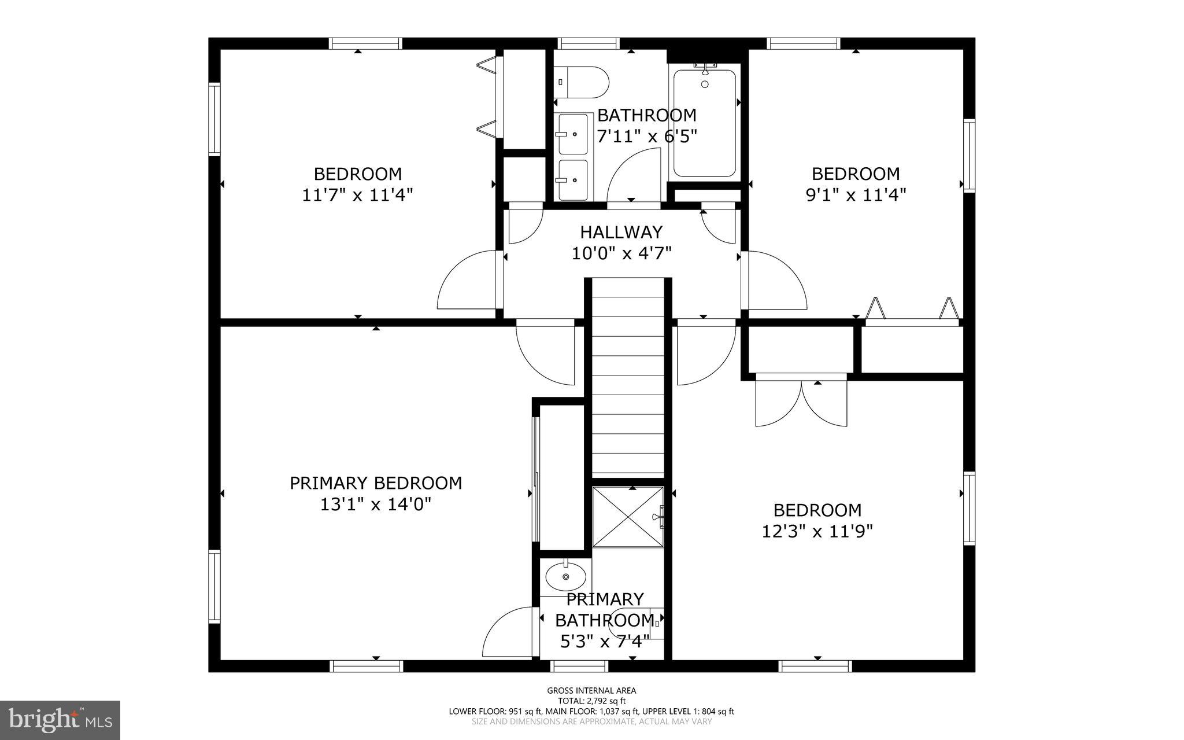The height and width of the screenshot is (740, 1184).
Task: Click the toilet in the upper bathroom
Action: tap(582, 82)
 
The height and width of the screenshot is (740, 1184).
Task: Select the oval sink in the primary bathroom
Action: tap(565, 577)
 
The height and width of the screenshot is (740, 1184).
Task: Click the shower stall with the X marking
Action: tap(628, 517)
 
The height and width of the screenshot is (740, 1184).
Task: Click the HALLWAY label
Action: tap(621, 232)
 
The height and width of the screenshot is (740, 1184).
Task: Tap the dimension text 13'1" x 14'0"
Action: tap(376, 505)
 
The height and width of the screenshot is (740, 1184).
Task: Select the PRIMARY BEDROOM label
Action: tap(376, 483)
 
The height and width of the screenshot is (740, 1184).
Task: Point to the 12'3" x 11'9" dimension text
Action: tap(817, 531)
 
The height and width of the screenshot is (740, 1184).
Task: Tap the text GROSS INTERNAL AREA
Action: tap(591, 690)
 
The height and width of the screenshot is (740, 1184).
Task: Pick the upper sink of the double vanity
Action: tap(572, 134)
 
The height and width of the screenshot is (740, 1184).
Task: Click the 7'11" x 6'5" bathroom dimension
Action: tap(646, 137)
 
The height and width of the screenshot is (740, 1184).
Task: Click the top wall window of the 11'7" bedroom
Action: tap(365, 43)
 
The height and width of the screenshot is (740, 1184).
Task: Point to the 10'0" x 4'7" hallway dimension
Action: tap(621, 253)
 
